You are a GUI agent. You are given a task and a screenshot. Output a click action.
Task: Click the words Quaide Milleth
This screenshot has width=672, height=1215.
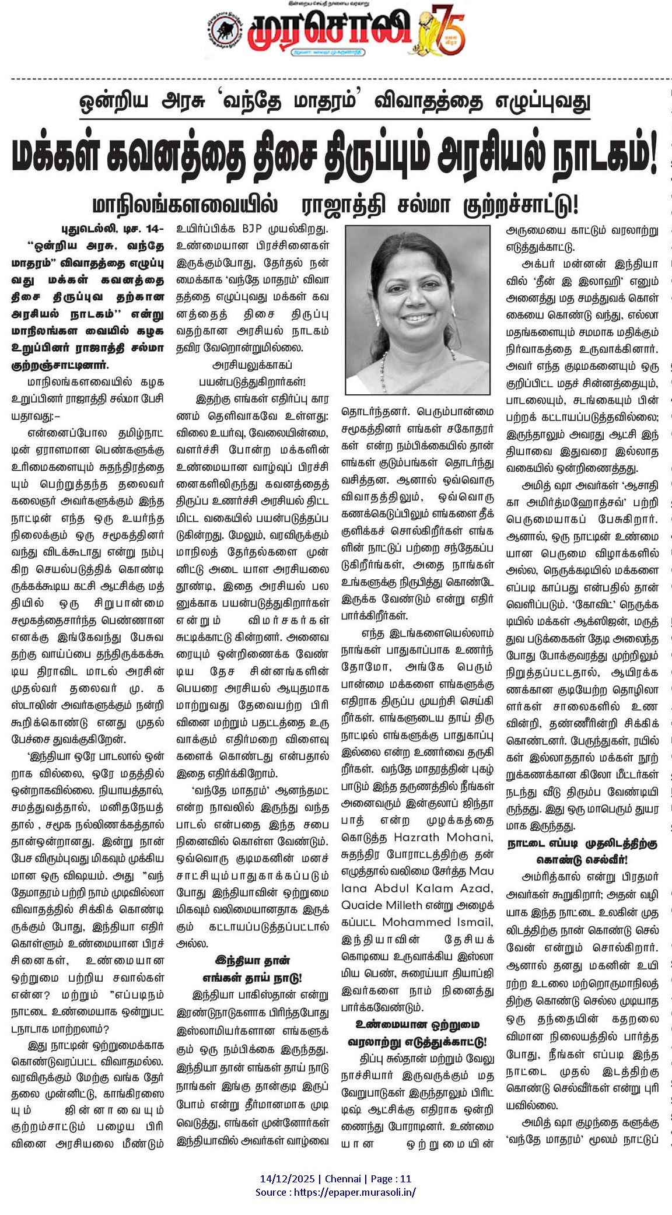381,905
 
